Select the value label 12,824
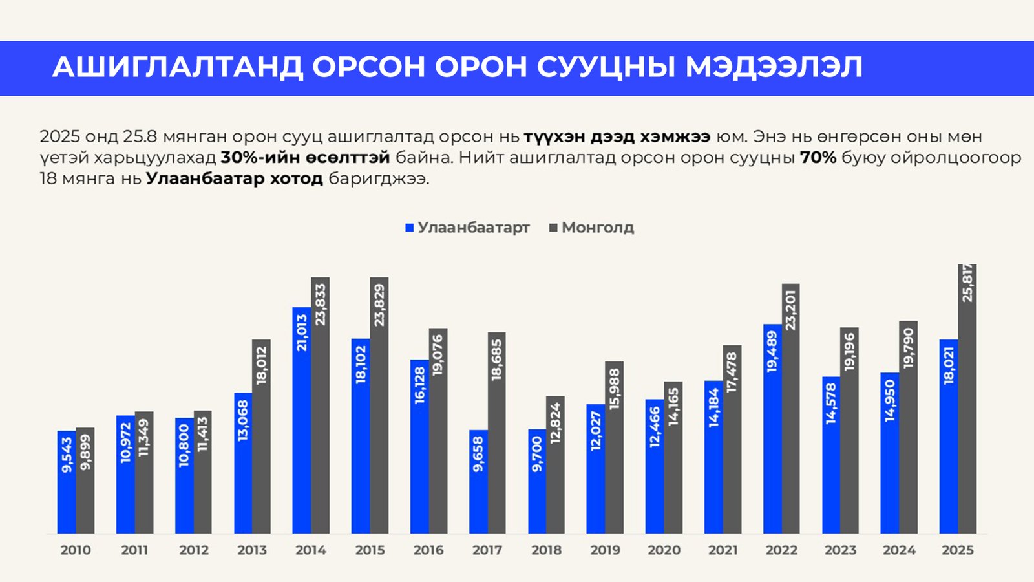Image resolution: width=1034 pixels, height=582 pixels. point(555,424)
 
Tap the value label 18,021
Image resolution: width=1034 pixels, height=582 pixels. point(949,365)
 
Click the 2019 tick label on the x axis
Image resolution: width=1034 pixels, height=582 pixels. point(605,550)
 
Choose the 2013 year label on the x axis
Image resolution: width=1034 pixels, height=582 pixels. point(252,550)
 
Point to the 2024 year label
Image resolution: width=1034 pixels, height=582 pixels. point(899,550)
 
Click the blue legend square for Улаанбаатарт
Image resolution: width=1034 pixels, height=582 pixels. point(409,228)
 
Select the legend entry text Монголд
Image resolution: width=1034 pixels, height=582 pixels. point(598,228)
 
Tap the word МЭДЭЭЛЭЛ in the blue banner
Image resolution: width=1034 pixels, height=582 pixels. point(774,67)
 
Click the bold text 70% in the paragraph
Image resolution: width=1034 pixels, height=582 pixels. point(818,158)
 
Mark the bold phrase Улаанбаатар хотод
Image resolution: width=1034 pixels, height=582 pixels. point(234,179)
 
